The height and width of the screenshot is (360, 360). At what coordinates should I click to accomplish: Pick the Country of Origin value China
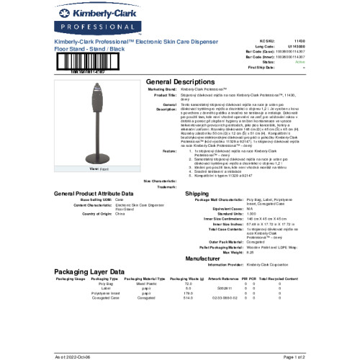pyautogui.click(x=120, y=214)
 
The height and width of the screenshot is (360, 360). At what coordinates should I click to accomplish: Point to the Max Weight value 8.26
pyautogui.click(x=251, y=252)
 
